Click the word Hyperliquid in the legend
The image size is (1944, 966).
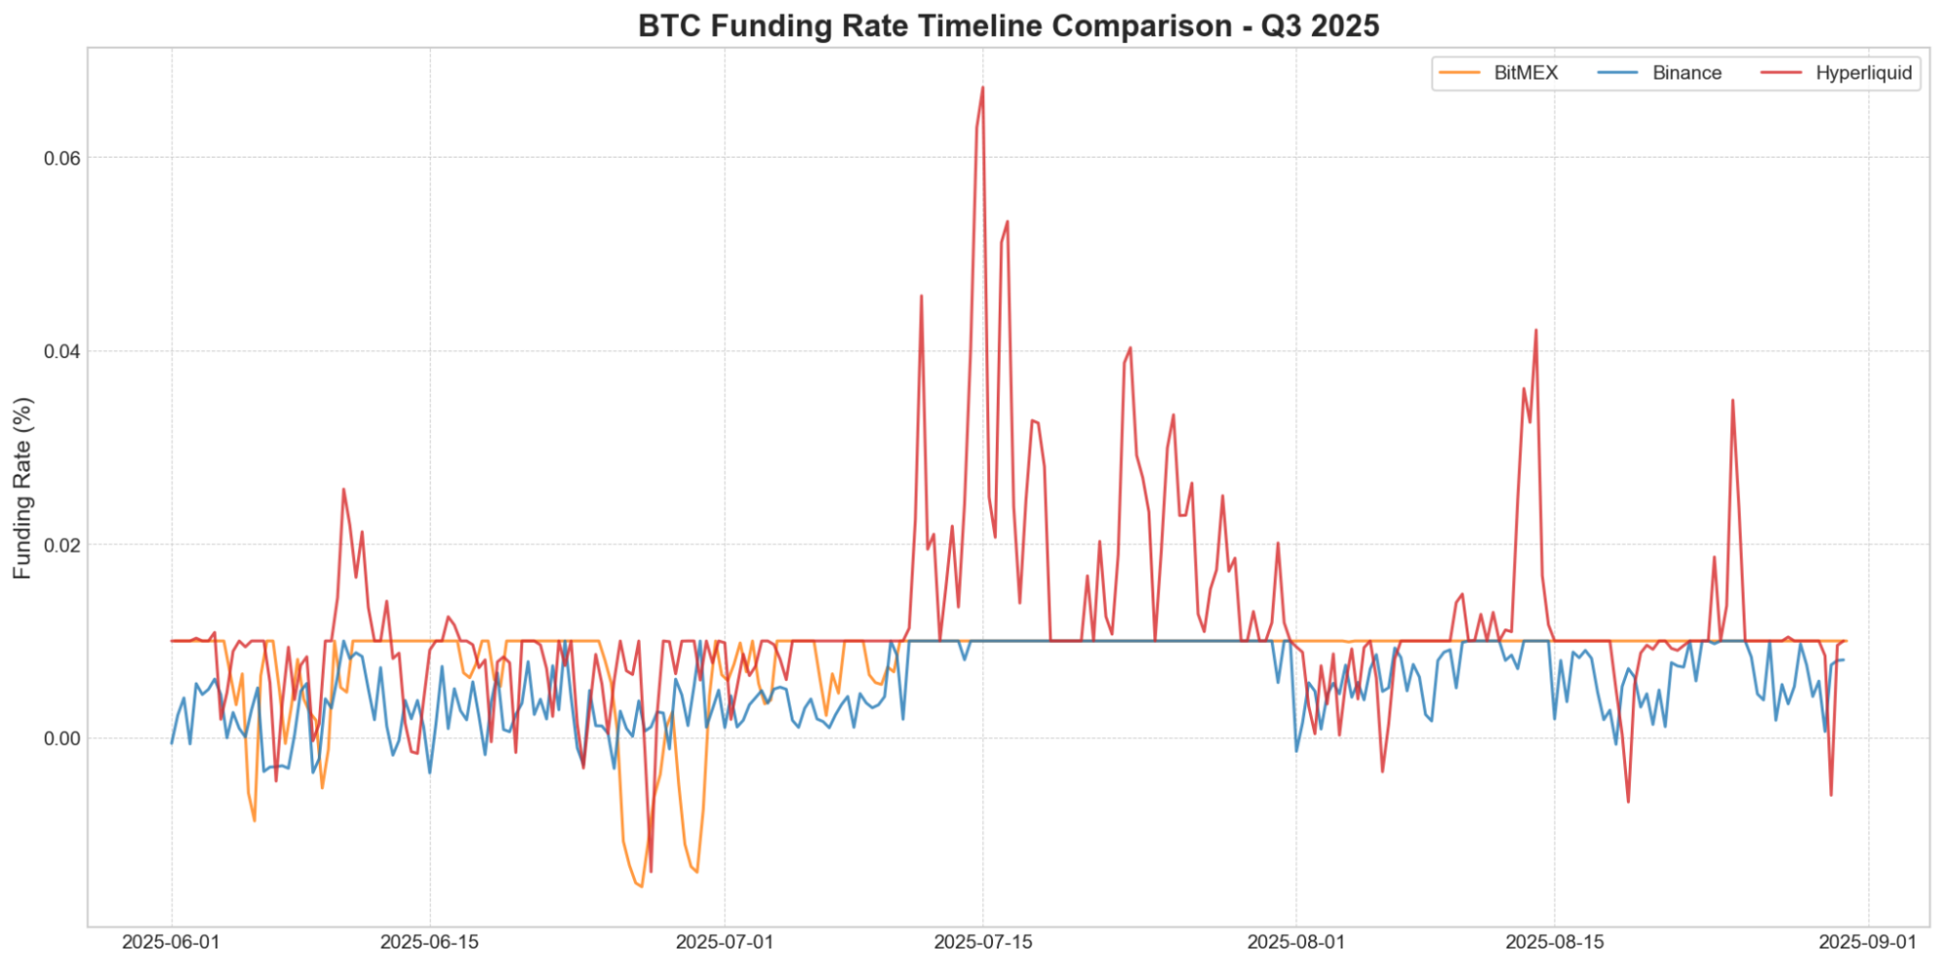[x=1863, y=73]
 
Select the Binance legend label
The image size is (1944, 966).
[x=1686, y=73]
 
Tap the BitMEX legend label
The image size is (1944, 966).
[x=1525, y=73]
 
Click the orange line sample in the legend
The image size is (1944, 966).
[x=1459, y=73]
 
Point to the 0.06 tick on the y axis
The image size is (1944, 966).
[x=62, y=158]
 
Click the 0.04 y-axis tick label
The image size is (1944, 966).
[x=62, y=351]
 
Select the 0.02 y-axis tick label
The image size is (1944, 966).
[x=62, y=545]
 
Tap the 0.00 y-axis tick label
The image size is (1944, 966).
[x=62, y=738]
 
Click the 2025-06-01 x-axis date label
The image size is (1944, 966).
[x=171, y=942]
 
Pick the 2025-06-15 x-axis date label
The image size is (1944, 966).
[x=429, y=942]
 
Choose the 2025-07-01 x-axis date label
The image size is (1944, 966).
[x=725, y=942]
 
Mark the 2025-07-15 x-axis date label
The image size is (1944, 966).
[x=982, y=942]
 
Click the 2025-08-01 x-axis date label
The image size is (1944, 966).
[x=1295, y=942]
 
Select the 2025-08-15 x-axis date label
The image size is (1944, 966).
[x=1554, y=942]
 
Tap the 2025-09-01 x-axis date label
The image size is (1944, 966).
[x=1867, y=942]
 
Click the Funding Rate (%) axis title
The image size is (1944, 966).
[x=22, y=488]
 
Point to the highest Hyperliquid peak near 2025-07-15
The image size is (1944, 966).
[x=982, y=88]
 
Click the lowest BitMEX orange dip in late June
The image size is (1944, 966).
[x=641, y=886]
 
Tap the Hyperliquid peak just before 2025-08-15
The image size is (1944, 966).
[x=1536, y=331]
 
